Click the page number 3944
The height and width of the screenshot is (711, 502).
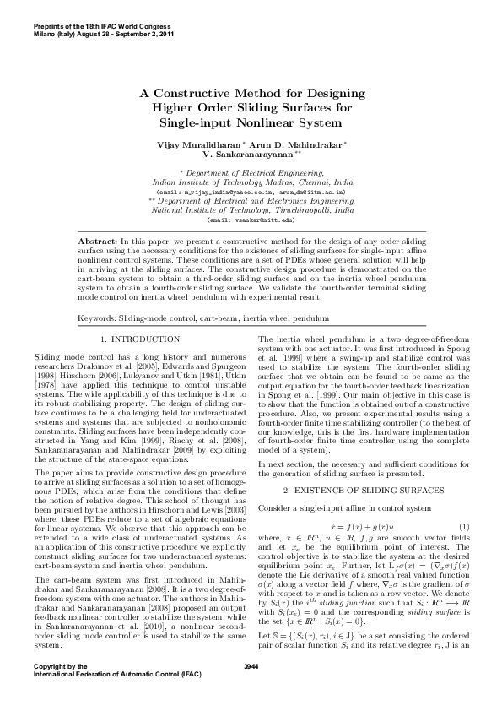(x=251, y=691)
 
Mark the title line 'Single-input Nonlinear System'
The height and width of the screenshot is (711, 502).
(x=251, y=123)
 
